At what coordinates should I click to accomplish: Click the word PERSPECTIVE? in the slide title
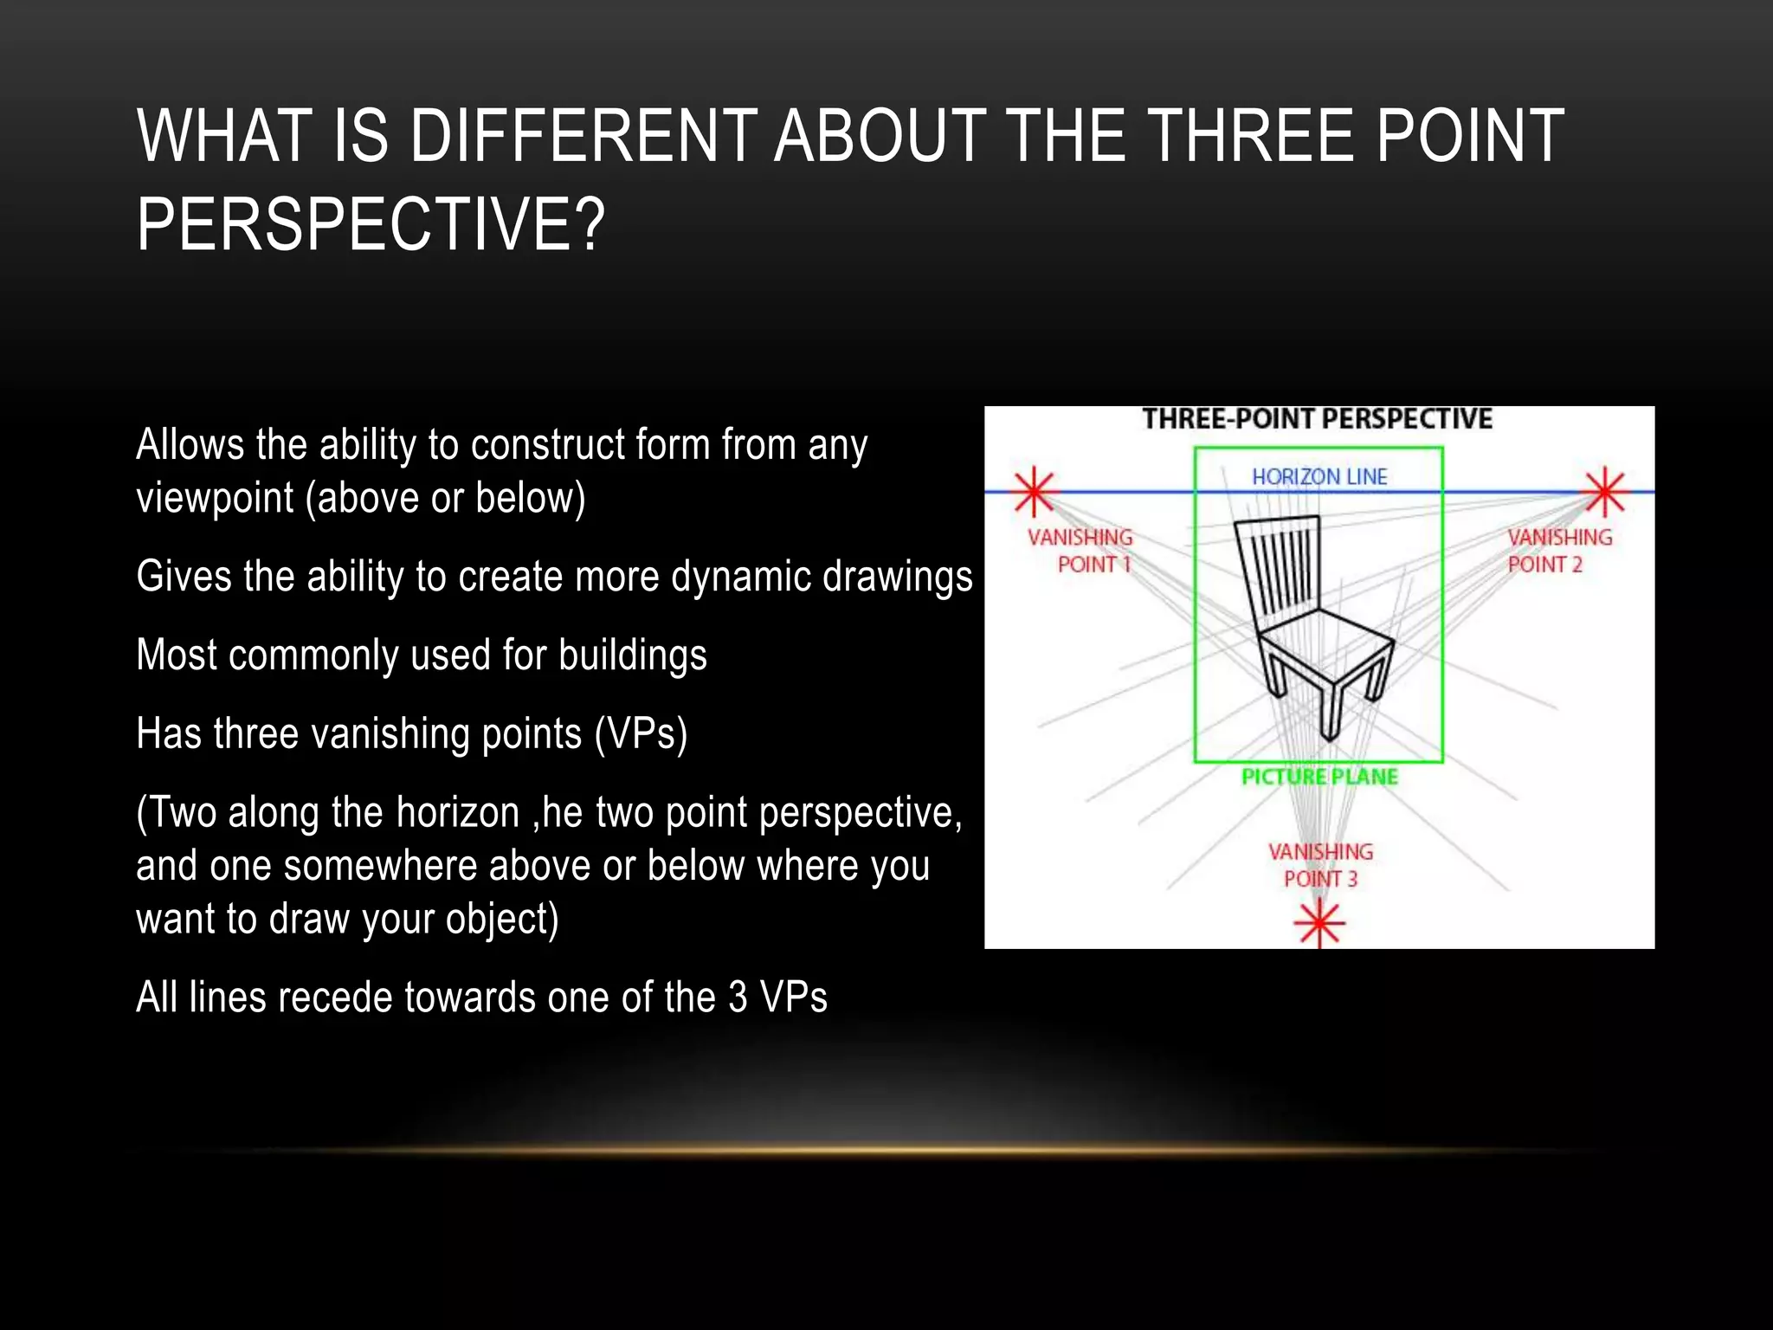coord(371,224)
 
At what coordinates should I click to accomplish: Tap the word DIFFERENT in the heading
coord(583,136)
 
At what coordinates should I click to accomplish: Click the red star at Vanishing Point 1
coord(1034,491)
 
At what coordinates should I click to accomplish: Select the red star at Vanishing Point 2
coord(1604,491)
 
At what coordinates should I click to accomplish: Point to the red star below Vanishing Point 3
coord(1318,923)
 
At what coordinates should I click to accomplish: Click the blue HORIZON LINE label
coord(1319,476)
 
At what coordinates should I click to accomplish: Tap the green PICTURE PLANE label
coord(1319,777)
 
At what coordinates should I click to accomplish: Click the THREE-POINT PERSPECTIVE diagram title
coord(1317,419)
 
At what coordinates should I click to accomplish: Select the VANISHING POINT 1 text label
coord(1080,551)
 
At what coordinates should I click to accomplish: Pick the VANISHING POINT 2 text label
coord(1559,551)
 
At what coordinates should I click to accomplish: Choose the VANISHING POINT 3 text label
coord(1320,865)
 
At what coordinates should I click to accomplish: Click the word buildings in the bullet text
coord(632,655)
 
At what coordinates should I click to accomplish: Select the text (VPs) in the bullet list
coord(641,733)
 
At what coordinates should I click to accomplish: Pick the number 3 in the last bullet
coord(738,997)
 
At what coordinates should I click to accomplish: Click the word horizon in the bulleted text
coord(457,812)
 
